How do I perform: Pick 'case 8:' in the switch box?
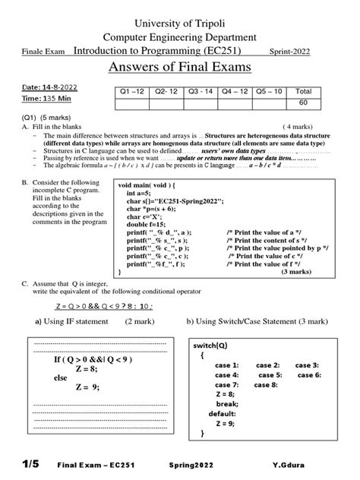(x=265, y=385)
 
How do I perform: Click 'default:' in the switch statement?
(x=223, y=414)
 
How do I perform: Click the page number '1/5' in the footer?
(x=34, y=463)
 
